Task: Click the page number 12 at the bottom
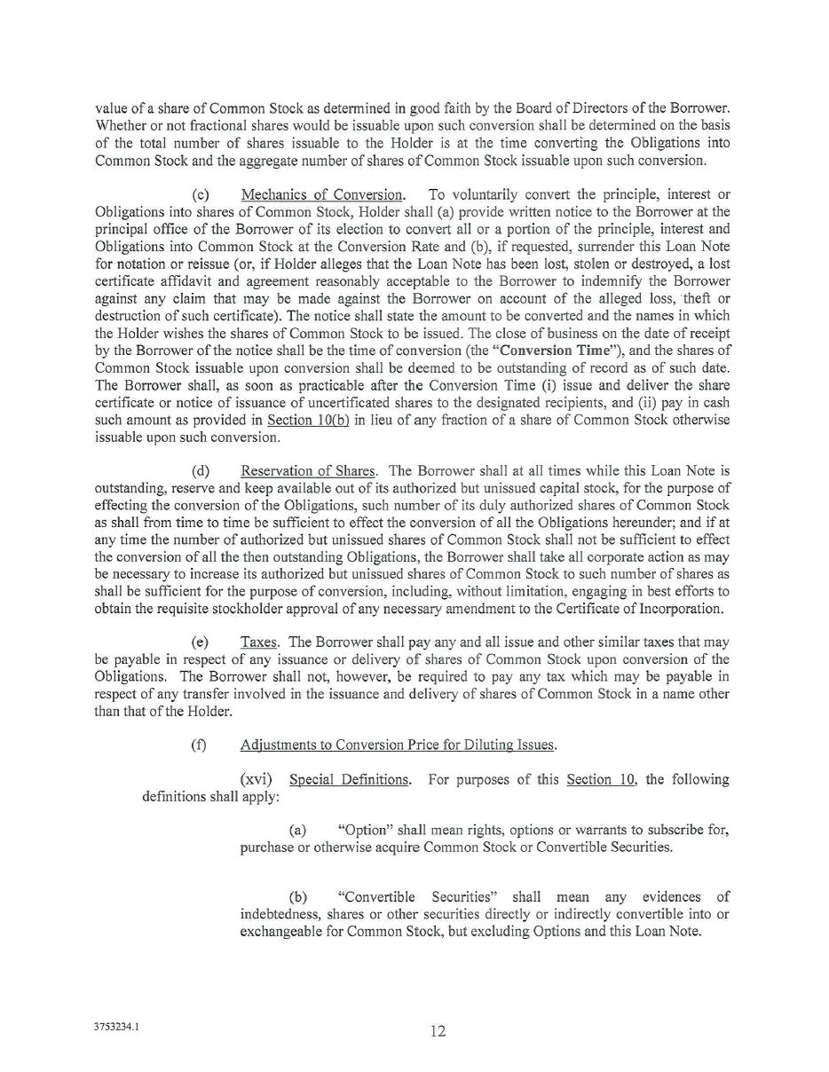point(438,1030)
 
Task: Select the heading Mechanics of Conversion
point(322,194)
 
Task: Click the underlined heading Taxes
point(259,642)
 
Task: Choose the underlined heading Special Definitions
point(350,779)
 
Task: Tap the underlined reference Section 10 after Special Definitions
point(601,779)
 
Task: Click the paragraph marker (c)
point(201,194)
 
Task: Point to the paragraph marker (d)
point(201,470)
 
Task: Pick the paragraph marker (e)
point(201,642)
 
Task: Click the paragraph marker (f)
point(199,745)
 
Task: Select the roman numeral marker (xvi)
point(257,779)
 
